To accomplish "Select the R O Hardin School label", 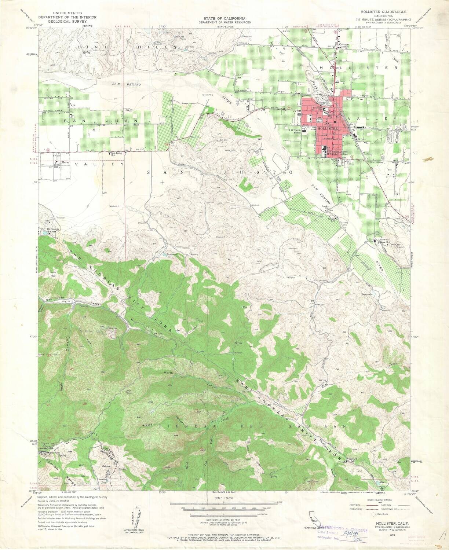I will coord(295,131).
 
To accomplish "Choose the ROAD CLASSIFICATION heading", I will coord(377,500).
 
